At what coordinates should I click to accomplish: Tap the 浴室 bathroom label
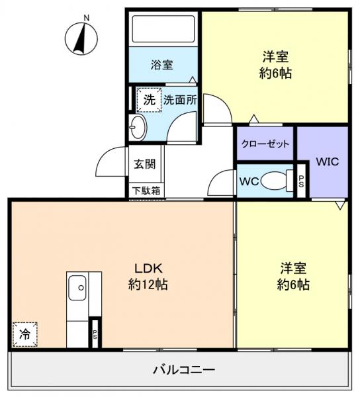pyautogui.click(x=161, y=65)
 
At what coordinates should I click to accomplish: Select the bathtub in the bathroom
pyautogui.click(x=163, y=30)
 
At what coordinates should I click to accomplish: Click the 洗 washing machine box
pyautogui.click(x=148, y=101)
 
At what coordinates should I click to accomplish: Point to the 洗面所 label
pyautogui.click(x=180, y=101)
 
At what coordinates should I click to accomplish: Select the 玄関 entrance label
pyautogui.click(x=145, y=164)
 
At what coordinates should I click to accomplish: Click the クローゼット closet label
pyautogui.click(x=265, y=144)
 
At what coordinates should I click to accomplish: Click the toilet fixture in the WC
pyautogui.click(x=275, y=181)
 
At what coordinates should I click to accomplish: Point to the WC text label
pyautogui.click(x=249, y=181)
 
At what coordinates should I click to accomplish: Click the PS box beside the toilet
pyautogui.click(x=301, y=181)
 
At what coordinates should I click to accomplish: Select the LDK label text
pyautogui.click(x=148, y=269)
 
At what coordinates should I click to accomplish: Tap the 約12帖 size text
pyautogui.click(x=148, y=286)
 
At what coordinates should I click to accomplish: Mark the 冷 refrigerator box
pyautogui.click(x=24, y=334)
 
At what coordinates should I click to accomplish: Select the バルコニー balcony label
pyautogui.click(x=179, y=369)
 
